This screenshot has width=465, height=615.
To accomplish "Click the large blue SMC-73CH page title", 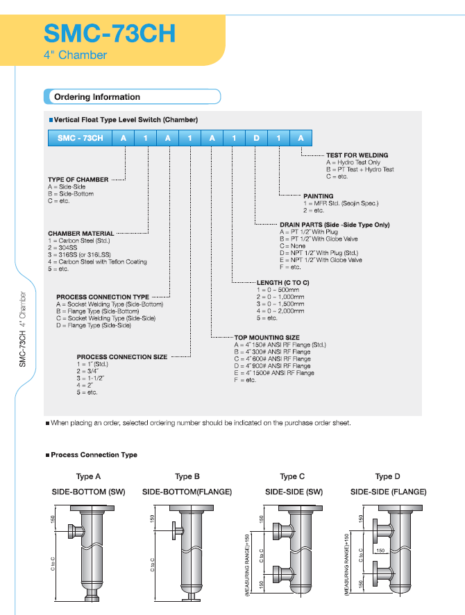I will pos(109,32).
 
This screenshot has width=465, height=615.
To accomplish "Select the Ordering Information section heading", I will pos(96,97).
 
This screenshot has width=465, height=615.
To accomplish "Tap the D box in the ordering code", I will pos(256,138).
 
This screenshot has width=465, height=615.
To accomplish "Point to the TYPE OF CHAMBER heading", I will pos(78,180).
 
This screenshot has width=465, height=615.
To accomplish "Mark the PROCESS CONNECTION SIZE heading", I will pos(121,357).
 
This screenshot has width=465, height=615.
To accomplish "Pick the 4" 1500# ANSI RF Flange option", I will pos(274,373).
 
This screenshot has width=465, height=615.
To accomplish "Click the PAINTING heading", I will pos(318,196).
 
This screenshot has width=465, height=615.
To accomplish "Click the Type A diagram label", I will pos(88,477).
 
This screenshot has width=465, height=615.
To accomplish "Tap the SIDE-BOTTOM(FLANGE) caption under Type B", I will pos(187,492).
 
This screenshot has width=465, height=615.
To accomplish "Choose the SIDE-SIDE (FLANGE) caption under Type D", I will pos(388,492).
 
